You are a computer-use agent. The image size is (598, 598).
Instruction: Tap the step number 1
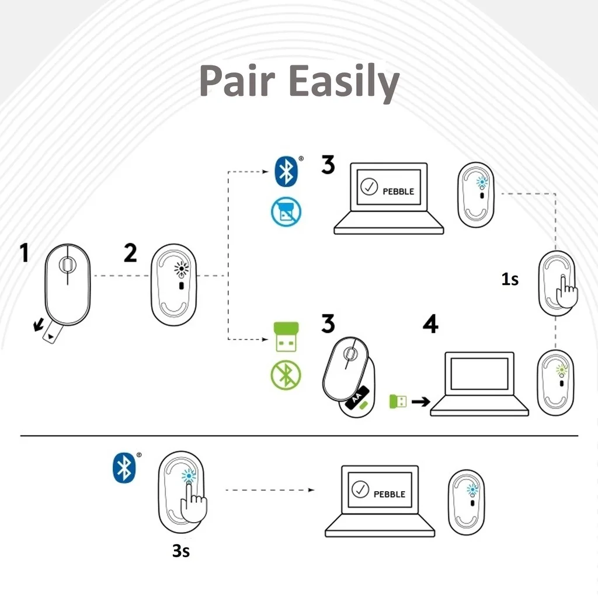(24, 254)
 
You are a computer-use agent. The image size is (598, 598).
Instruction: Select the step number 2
(130, 253)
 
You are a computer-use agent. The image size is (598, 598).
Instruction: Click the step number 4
(430, 325)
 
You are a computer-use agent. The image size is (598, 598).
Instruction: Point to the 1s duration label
(510, 280)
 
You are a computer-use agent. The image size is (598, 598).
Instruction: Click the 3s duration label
(181, 551)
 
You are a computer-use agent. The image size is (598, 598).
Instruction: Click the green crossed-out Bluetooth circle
(286, 376)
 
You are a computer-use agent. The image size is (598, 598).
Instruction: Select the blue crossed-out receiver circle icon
(286, 211)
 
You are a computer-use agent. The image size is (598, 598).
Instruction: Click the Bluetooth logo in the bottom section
(124, 467)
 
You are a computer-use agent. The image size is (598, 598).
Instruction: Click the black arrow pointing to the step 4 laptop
(419, 402)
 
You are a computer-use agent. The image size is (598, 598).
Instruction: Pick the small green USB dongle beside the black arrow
(398, 402)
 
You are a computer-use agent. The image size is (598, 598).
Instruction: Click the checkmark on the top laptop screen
(369, 187)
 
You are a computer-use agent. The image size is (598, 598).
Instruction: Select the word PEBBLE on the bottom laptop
(389, 494)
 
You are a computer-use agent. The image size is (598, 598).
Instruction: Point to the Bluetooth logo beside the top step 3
(286, 172)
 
